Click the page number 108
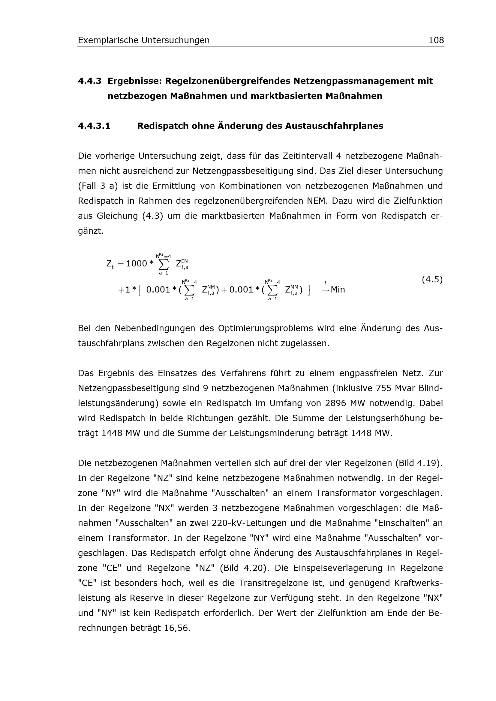tap(436, 40)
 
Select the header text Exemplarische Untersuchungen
tap(144, 40)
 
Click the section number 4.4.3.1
tap(94, 126)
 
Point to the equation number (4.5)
tap(432, 279)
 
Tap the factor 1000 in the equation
tap(137, 263)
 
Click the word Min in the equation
tap(338, 290)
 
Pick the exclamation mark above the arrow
tap(326, 283)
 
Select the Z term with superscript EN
tap(182, 264)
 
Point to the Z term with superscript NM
tap(209, 290)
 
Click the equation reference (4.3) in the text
tap(152, 216)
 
